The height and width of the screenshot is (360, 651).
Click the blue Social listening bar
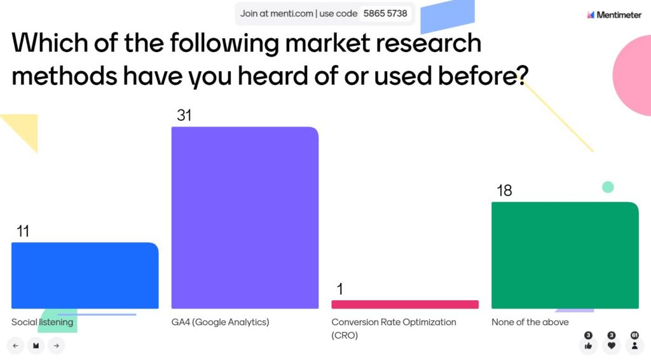(85, 275)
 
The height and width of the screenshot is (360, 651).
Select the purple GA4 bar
(245, 218)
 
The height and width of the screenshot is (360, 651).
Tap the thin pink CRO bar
(405, 305)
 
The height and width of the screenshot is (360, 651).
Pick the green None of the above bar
(565, 255)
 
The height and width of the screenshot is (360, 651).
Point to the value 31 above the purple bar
(184, 115)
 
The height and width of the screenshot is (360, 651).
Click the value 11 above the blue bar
(23, 231)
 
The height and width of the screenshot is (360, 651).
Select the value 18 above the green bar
(504, 190)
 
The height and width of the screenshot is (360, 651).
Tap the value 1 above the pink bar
(339, 289)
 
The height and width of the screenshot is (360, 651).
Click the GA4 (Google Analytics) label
(220, 322)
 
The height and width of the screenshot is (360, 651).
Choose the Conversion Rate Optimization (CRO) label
(394, 328)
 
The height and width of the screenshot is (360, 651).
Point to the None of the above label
(530, 322)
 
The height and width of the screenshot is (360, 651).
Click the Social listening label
(42, 322)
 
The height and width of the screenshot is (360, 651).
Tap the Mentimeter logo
(614, 15)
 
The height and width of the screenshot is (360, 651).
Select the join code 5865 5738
(385, 13)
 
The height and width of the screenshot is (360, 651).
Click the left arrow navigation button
(15, 345)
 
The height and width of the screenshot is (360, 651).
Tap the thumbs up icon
(588, 346)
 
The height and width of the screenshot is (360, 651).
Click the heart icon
(611, 346)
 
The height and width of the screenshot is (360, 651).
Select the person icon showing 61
(634, 346)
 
